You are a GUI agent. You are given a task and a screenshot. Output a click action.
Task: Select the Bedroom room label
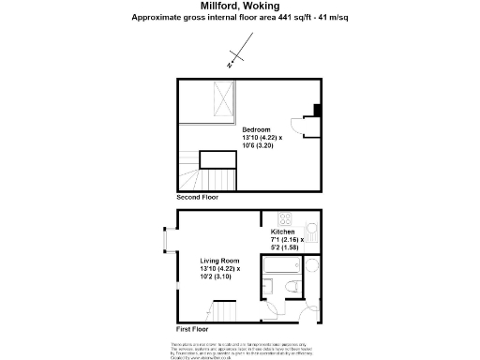pos(256,129)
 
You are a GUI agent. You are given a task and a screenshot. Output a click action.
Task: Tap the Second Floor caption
pos(196,199)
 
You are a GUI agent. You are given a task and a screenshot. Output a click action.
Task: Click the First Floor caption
pos(192,330)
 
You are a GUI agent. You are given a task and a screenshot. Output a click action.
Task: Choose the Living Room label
pos(219,260)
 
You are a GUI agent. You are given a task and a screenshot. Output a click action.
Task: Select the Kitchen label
pos(282,232)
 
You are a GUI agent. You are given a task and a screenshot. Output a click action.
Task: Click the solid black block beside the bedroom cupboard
pos(317,111)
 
